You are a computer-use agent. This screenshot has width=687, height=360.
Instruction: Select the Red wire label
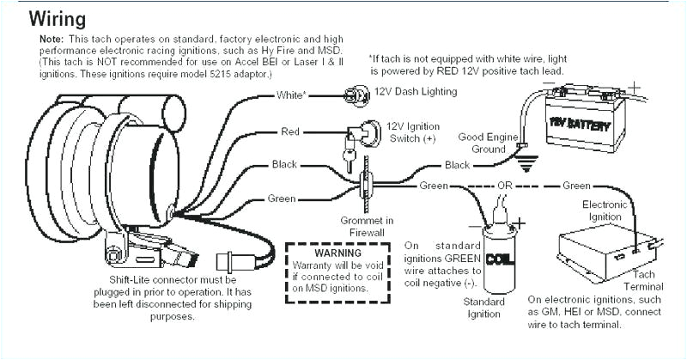pos(290,131)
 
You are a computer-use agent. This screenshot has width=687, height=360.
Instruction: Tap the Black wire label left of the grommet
pos(284,164)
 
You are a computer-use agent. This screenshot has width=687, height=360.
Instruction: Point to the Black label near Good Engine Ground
pos(456,165)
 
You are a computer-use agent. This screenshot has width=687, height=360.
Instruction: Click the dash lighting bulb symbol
pos(353,94)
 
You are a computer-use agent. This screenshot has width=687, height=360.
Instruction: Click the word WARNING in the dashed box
pos(337,254)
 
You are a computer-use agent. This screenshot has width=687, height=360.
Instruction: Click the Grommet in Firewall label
pos(368,226)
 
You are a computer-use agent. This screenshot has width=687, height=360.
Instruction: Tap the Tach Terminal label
pos(643,280)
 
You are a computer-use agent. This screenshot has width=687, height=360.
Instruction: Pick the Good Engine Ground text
pos(488,142)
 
